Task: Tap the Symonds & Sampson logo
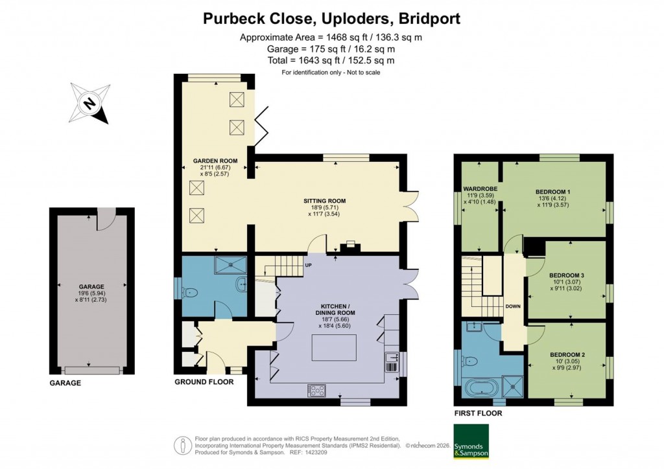pyautogui.click(x=470, y=441)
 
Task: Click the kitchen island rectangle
pyautogui.click(x=334, y=347)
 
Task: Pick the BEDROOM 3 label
pyautogui.click(x=567, y=275)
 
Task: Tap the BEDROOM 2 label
pyautogui.click(x=567, y=354)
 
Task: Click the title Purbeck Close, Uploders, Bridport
pyautogui.click(x=331, y=18)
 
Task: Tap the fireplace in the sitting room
pyautogui.click(x=350, y=246)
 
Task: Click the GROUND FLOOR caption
pyautogui.click(x=204, y=382)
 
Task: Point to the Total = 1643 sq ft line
pyautogui.click(x=331, y=60)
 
